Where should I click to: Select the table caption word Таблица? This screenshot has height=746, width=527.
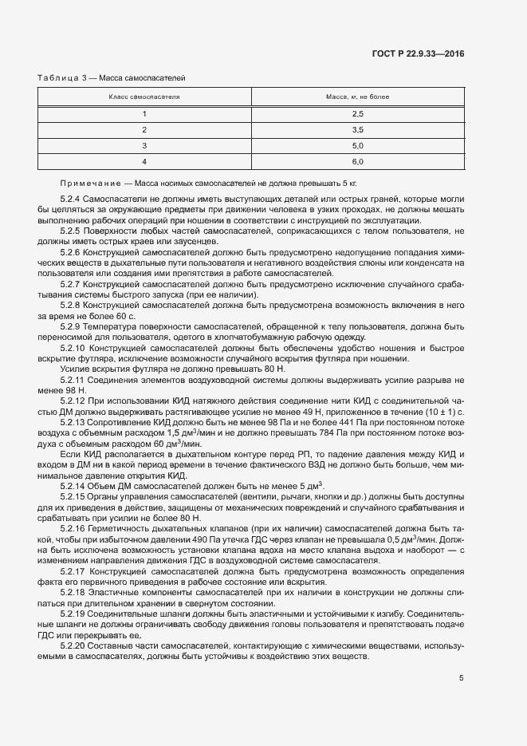(x=58, y=77)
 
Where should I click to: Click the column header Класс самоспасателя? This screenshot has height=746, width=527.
(x=144, y=97)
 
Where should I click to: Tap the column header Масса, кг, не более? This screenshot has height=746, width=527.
(x=357, y=97)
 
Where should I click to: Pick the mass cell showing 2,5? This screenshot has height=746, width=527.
(x=357, y=114)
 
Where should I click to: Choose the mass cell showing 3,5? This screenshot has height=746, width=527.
(x=357, y=130)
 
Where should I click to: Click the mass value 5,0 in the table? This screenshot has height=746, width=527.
(x=357, y=145)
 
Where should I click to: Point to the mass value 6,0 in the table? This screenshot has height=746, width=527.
(x=357, y=161)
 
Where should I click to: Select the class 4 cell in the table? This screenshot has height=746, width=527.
(x=144, y=161)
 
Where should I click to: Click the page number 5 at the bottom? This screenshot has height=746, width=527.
(x=462, y=678)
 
